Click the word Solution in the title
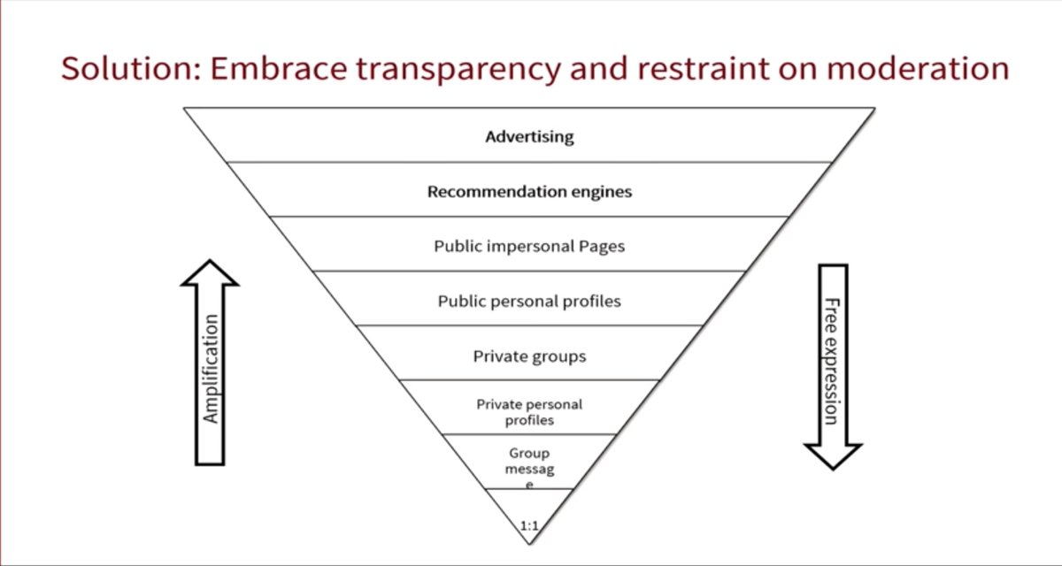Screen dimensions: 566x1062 [124, 68]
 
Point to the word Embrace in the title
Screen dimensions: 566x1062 [266, 68]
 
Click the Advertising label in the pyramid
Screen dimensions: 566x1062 [529, 137]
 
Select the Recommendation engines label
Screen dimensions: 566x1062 [529, 192]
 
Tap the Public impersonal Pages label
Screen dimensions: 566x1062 [529, 247]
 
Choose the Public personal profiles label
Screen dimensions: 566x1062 [529, 302]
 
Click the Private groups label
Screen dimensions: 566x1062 [529, 357]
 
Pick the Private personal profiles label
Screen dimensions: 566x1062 [529, 412]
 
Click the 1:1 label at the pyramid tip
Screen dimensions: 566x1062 [529, 526]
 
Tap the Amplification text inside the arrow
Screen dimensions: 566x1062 [211, 369]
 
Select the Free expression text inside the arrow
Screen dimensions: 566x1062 [831, 361]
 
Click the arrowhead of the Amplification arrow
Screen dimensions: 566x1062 [210, 273]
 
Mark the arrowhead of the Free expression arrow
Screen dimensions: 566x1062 [832, 455]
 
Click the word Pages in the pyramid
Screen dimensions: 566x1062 [602, 247]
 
